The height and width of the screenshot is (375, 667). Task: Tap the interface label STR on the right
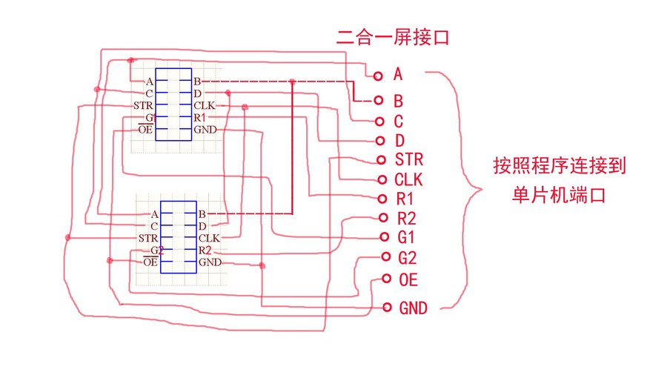pos(409,159)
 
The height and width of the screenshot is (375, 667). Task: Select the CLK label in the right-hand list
pos(409,179)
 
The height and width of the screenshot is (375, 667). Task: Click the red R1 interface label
pos(405,199)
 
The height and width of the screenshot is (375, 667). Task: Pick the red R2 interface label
pos(406,218)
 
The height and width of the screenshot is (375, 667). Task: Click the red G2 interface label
pos(408,258)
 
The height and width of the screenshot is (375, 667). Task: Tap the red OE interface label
pos(408,279)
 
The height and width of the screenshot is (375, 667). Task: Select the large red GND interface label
pos(414,308)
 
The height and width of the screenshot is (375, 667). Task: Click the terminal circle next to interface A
pos(378,75)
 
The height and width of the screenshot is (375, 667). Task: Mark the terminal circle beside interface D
pos(380,141)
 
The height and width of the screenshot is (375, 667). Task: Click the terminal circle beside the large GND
pos(386,307)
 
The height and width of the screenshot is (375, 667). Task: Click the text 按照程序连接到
pos(560,165)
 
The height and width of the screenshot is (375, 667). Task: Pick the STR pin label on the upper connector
pos(143,106)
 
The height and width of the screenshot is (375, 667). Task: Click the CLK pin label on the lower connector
pos(208,238)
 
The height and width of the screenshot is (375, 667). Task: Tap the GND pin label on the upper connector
pos(205,130)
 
